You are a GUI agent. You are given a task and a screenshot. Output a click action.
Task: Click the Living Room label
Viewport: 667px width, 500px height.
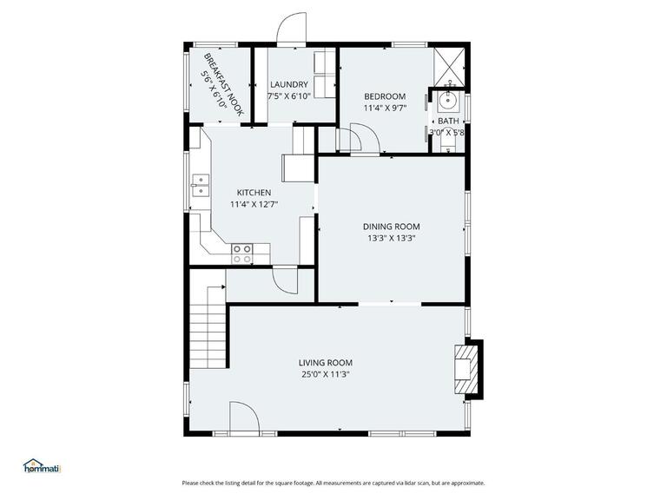[325, 363]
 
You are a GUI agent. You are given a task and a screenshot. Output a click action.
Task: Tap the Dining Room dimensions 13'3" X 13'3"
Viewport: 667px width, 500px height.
[390, 238]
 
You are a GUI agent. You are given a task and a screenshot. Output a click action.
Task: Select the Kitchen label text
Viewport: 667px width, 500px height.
[254, 193]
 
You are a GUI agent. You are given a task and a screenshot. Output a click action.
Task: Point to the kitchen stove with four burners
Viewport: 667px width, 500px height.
[242, 253]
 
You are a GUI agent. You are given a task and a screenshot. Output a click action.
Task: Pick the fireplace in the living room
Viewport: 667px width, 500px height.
[468, 370]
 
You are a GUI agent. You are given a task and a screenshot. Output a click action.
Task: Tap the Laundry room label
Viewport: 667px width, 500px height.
[288, 84]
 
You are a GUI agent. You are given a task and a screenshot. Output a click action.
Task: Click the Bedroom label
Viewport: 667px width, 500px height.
[384, 96]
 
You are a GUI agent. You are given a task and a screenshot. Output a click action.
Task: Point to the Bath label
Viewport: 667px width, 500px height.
[448, 122]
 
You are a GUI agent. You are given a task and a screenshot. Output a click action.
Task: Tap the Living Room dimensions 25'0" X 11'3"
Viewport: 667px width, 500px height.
[325, 375]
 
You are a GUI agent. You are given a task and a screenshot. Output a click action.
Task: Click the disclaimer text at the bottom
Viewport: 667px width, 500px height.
[333, 483]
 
